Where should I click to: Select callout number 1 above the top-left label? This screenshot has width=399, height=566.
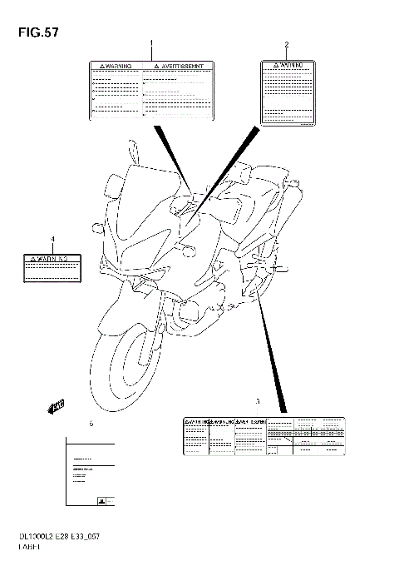(x=151, y=42)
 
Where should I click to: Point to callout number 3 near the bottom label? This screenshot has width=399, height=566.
(x=258, y=401)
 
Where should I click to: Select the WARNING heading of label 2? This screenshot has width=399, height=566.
(x=287, y=64)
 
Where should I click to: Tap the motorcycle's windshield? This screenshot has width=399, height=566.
(x=145, y=192)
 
